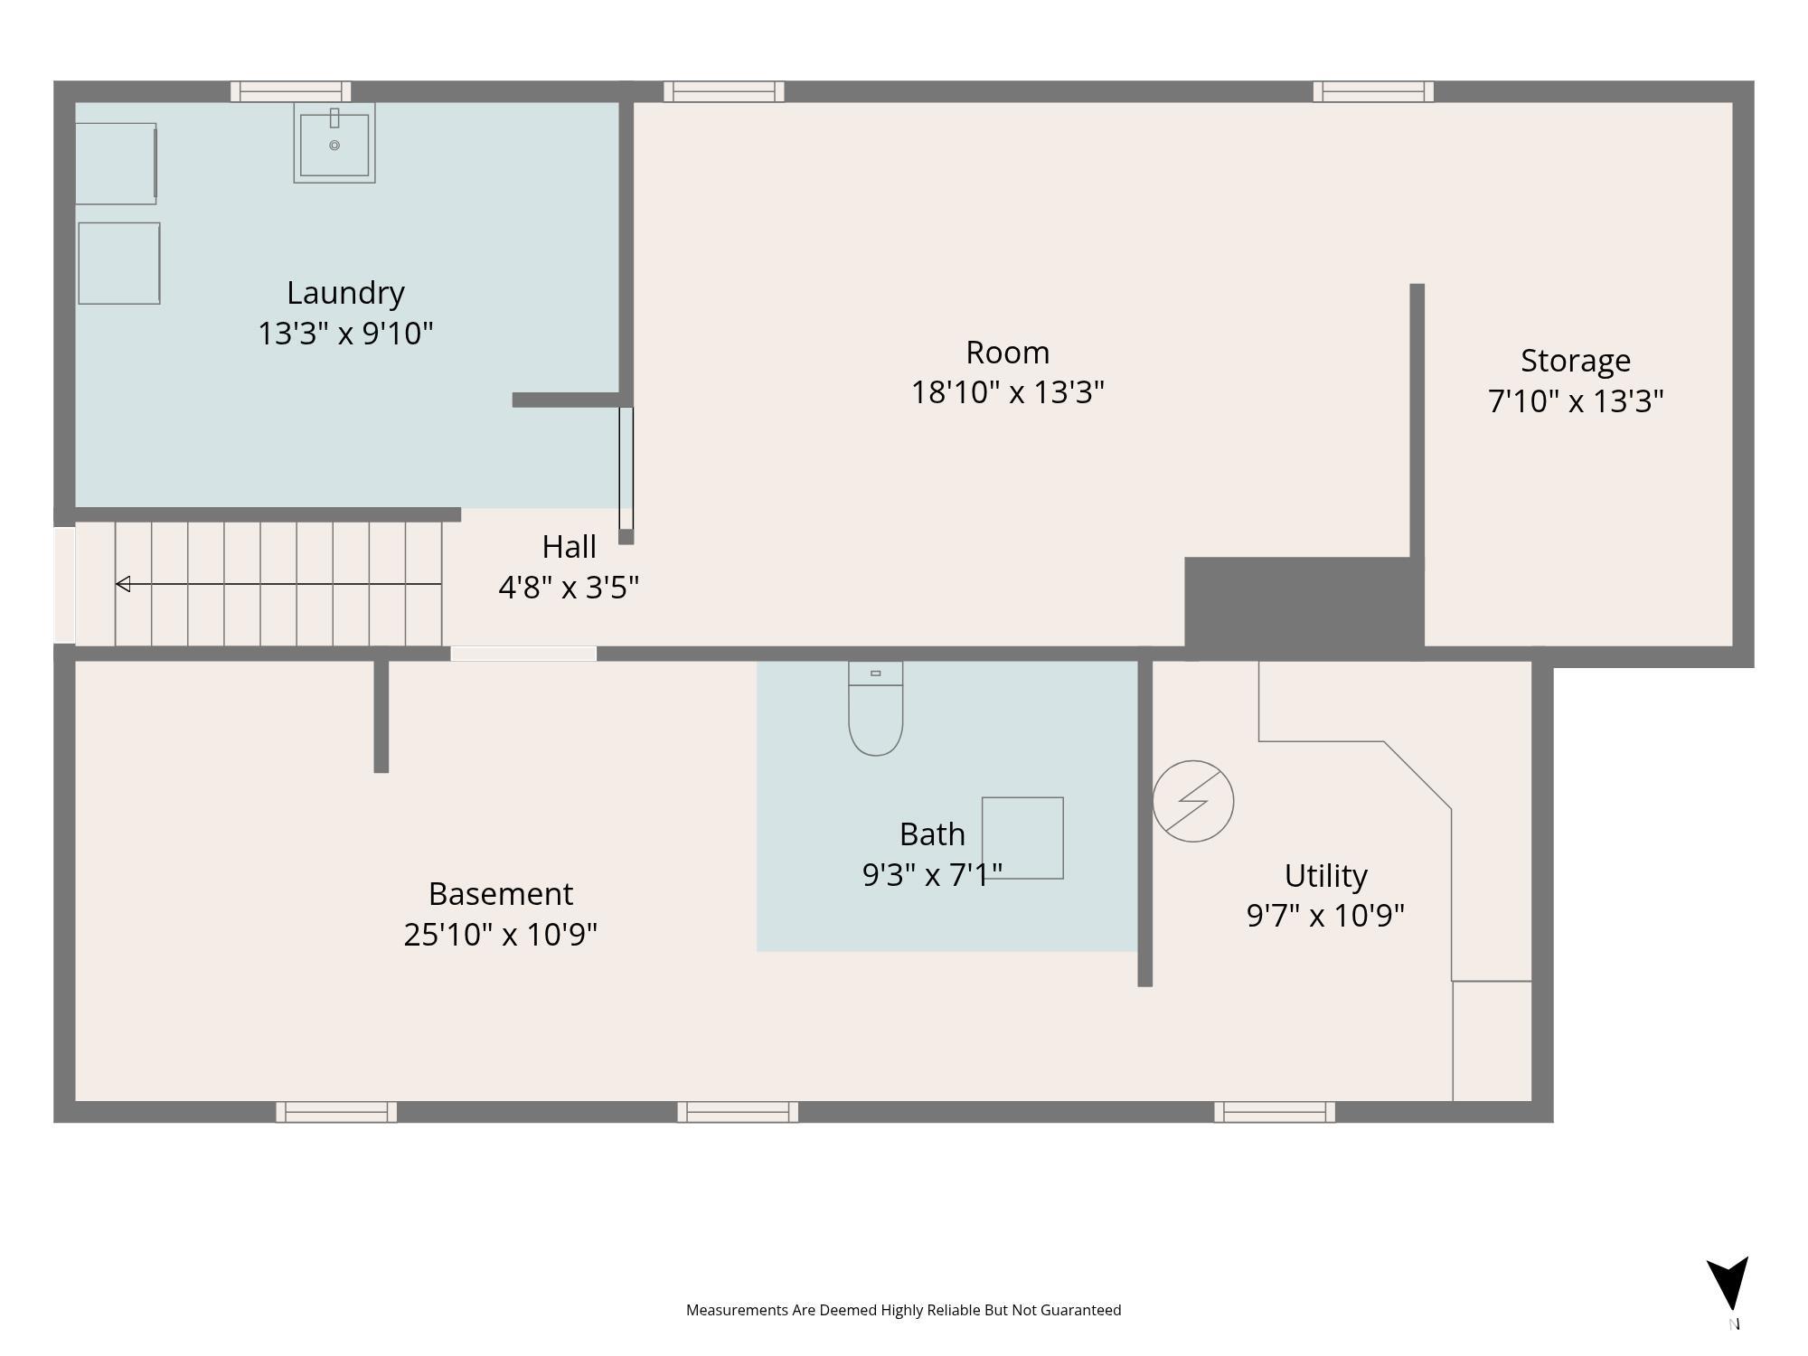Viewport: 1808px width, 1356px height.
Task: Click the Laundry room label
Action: point(345,294)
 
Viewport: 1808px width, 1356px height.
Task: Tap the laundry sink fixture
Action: point(334,143)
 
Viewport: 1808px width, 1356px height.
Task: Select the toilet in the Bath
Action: point(875,709)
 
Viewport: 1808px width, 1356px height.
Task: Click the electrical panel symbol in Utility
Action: point(1193,801)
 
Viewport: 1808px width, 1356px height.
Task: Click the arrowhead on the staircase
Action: point(123,584)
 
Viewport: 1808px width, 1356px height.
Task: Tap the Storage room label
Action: point(1576,361)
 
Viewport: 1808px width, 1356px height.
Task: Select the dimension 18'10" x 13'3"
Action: point(1007,392)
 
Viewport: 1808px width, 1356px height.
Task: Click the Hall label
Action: point(569,547)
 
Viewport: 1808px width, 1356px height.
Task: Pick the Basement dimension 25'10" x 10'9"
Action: point(500,934)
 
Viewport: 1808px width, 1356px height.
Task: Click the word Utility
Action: point(1325,876)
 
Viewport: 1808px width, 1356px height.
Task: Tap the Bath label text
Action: point(932,833)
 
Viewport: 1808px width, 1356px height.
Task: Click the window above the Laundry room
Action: point(290,91)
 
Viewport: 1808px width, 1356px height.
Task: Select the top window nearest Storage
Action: point(1373,91)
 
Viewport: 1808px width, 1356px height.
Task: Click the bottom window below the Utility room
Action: point(1275,1112)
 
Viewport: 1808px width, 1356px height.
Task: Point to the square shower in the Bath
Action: point(1022,838)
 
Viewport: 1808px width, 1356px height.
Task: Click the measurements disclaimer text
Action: point(903,1310)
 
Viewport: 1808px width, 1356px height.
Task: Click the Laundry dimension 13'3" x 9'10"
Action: point(345,334)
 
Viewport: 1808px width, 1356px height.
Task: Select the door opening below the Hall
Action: point(523,654)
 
